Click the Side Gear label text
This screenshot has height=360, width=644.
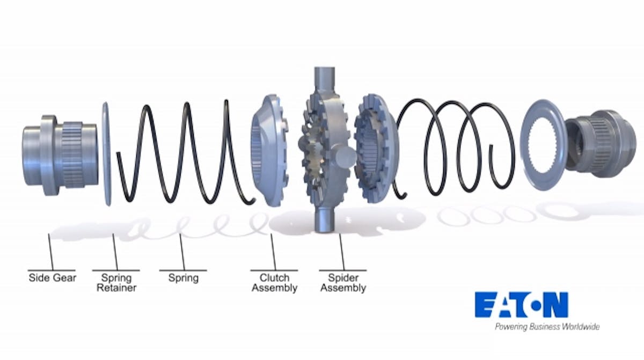pos(53,278)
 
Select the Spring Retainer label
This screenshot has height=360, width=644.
pos(116,283)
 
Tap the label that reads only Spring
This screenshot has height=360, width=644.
pos(184,278)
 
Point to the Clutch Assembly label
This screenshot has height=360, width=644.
pos(274,283)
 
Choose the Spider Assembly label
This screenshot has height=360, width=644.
pos(343,283)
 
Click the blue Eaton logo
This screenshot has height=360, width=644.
pos(522,305)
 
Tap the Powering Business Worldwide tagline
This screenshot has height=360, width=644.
pos(547,327)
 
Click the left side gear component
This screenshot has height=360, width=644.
pos(60,155)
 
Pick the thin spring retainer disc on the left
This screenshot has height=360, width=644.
pos(106,154)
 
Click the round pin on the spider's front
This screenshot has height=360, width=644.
pos(344,157)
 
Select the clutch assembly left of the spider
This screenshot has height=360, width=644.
pos(269,150)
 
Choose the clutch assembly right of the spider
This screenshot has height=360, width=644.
pos(376,148)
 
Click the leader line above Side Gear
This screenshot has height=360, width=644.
pos(51,252)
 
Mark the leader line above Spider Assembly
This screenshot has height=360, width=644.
pos(342,252)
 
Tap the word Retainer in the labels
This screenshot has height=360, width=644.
pos(116,288)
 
